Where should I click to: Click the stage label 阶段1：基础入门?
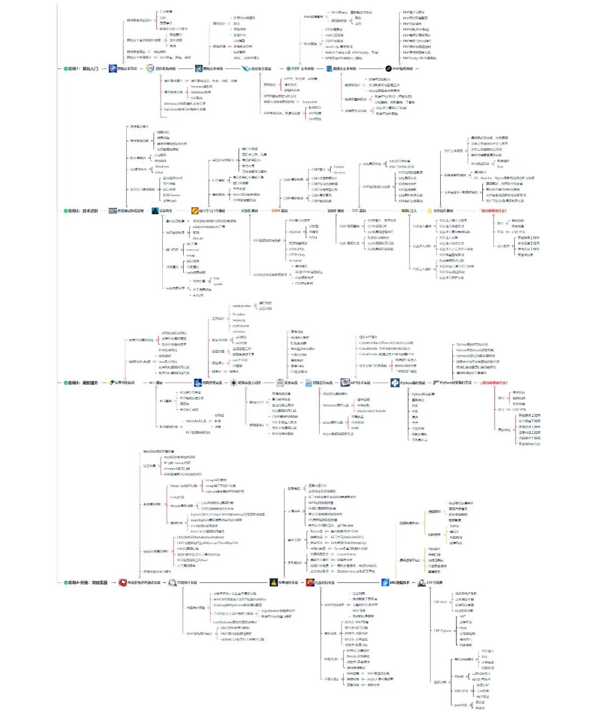click(83, 69)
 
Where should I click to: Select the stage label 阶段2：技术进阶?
click(83, 210)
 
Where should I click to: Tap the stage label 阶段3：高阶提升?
click(83, 383)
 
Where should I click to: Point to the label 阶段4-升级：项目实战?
click(88, 583)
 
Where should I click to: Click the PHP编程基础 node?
click(402, 69)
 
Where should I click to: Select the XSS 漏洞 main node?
click(249, 210)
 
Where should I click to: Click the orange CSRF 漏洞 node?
click(280, 210)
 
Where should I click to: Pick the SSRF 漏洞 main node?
click(335, 210)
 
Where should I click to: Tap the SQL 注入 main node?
click(409, 210)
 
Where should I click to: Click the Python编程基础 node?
click(412, 383)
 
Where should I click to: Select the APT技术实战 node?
click(360, 383)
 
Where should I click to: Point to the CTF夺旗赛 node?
click(434, 583)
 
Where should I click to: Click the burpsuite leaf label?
click(310, 102)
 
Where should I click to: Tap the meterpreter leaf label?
click(242, 306)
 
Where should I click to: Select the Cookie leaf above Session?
click(339, 167)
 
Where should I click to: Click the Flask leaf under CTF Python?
click(463, 628)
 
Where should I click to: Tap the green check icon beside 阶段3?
click(66, 383)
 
